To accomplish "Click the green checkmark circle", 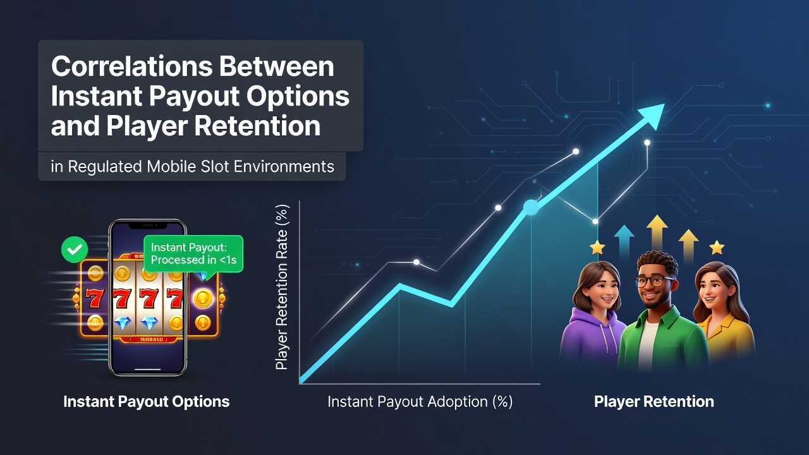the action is tap(75, 249).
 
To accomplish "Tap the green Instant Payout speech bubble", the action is tap(193, 254).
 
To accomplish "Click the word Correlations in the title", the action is tap(132, 66).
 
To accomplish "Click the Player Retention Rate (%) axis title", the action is tap(282, 287).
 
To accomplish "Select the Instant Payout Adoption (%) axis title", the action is tap(420, 402).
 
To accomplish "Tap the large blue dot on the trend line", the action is tap(531, 207).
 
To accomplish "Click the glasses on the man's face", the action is tap(654, 281).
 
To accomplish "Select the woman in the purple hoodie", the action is tap(592, 314).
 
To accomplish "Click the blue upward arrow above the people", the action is tap(624, 241).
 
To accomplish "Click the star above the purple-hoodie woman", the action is tap(597, 248).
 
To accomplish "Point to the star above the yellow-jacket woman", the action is tap(717, 248).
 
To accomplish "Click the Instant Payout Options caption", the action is tap(146, 401).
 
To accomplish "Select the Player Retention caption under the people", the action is tap(654, 401).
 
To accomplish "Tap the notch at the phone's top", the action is tap(148, 226).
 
